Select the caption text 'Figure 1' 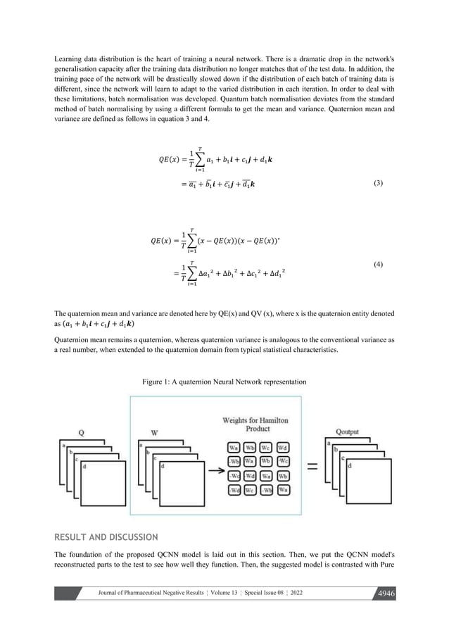[158, 382]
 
